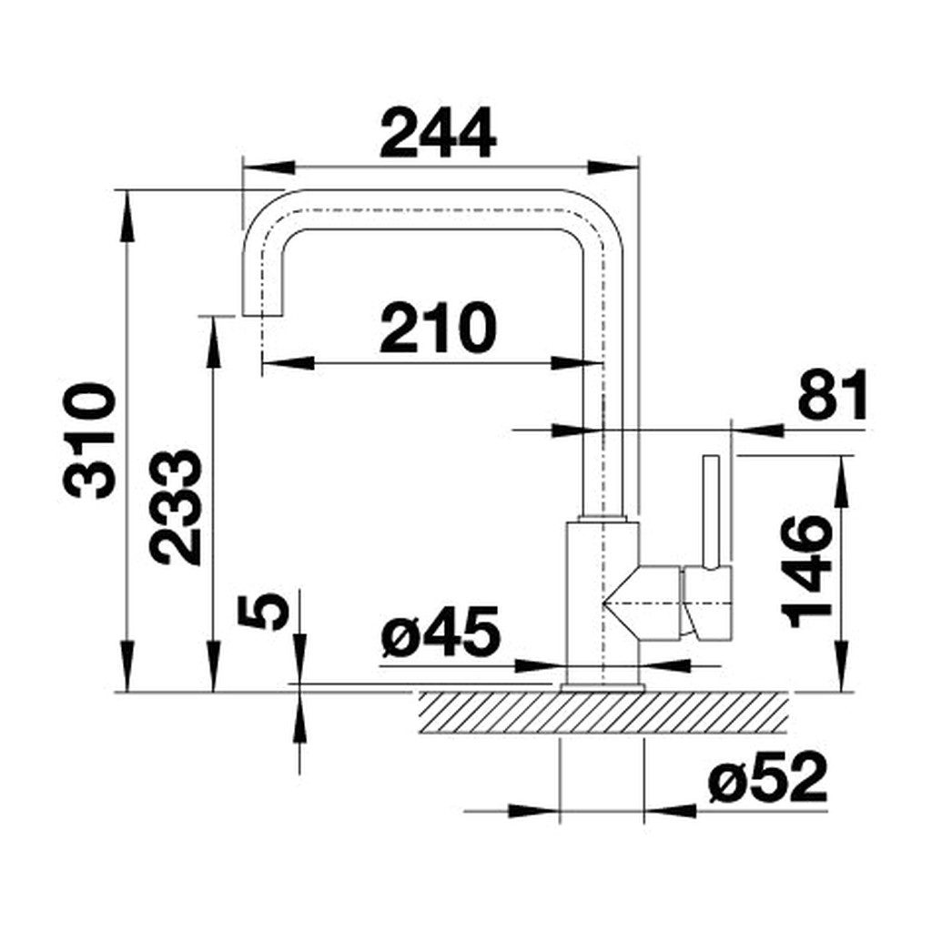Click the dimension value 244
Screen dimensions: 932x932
click(439, 133)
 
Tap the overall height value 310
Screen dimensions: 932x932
click(91, 441)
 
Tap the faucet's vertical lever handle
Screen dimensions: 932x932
click(712, 510)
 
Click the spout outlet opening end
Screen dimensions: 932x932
click(261, 313)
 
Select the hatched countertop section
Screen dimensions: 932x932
click(601, 711)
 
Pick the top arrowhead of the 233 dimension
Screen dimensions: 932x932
click(214, 333)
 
